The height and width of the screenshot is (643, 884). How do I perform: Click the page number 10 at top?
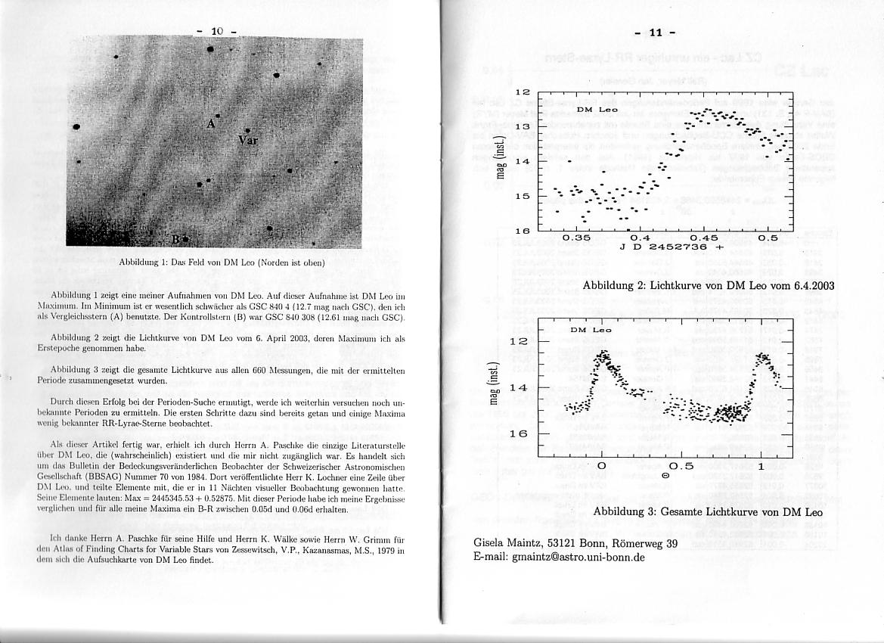(x=217, y=31)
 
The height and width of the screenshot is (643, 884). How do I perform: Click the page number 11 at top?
(x=656, y=32)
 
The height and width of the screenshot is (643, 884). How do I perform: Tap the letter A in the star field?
(x=211, y=122)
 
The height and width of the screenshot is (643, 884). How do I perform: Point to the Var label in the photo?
(x=247, y=141)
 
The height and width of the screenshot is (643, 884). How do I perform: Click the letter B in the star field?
(x=175, y=240)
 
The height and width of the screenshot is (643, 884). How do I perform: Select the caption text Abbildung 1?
(x=144, y=263)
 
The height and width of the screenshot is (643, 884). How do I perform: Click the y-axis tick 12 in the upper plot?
(x=522, y=92)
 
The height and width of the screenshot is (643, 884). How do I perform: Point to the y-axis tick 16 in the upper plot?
(x=522, y=231)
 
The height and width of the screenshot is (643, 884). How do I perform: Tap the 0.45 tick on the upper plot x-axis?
(x=704, y=238)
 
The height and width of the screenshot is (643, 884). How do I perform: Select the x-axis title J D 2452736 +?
(x=672, y=247)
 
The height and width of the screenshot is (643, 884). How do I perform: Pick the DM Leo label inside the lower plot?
(x=591, y=331)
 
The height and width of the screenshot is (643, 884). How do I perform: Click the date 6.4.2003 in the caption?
(x=808, y=285)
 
